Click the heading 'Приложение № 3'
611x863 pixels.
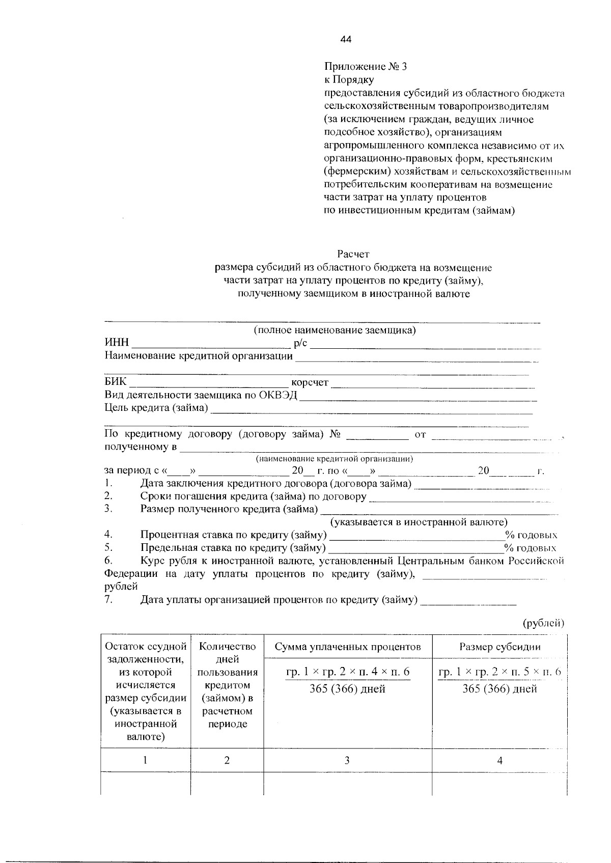tap(365, 66)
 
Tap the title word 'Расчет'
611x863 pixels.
tap(353, 254)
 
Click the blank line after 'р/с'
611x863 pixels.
tap(425, 345)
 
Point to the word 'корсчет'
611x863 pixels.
tap(310, 383)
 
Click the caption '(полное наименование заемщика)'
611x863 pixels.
tap(335, 330)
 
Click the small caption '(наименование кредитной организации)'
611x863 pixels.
tap(334, 459)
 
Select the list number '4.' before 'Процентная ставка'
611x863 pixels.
tap(108, 535)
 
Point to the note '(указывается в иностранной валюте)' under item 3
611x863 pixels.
tap(419, 522)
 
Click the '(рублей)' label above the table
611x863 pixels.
tap(544, 623)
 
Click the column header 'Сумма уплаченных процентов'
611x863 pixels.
tap(347, 647)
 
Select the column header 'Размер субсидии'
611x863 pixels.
tap(499, 647)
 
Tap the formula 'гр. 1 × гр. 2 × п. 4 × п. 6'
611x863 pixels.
tap(348, 672)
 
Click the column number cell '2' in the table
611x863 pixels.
tap(227, 760)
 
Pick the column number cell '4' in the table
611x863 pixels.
tap(499, 761)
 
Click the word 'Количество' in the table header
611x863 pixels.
tap(227, 647)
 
